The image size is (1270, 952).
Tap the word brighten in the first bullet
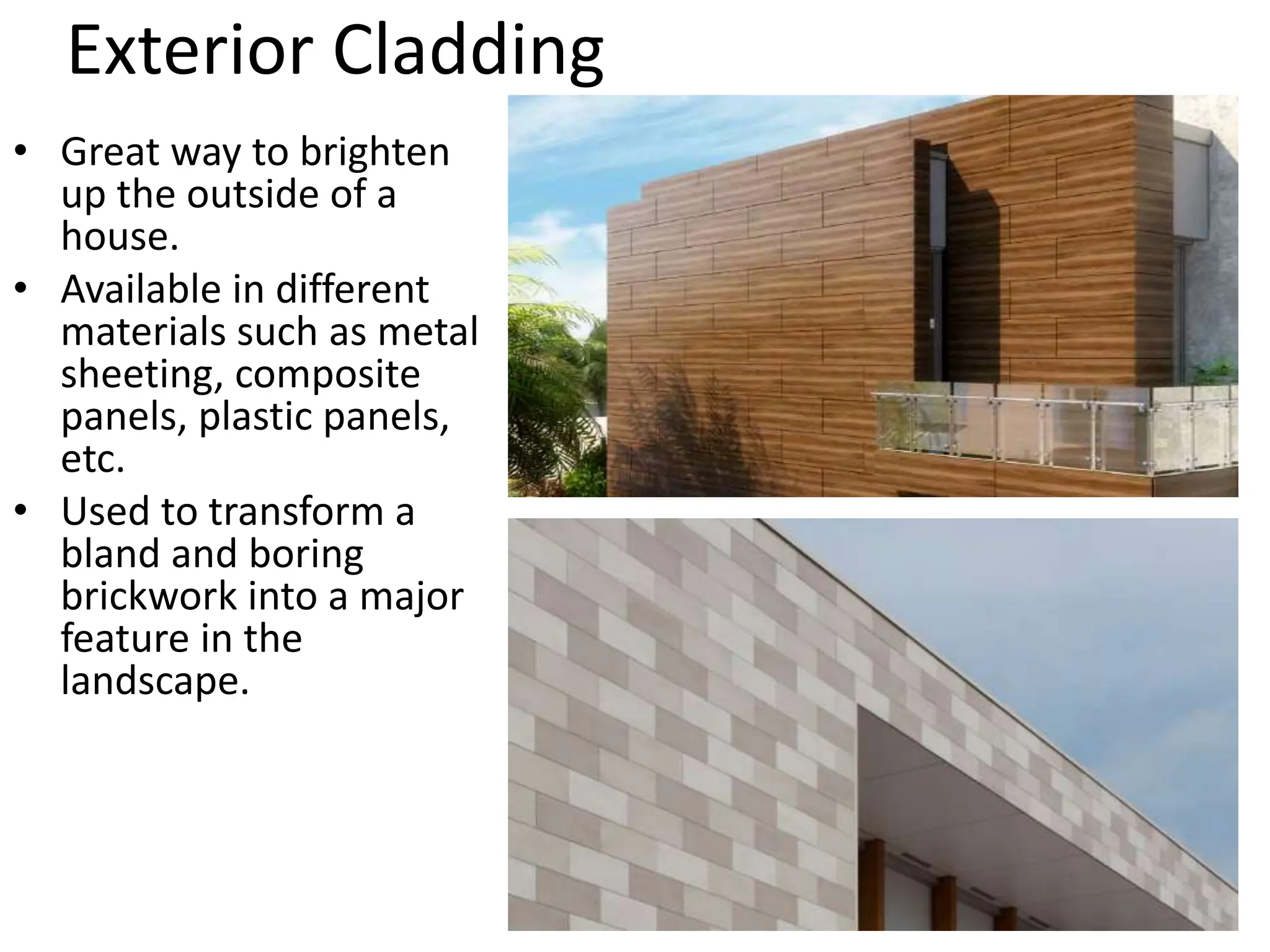coord(375,152)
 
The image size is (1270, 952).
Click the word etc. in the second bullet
coord(92,459)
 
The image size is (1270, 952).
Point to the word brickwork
coord(149,596)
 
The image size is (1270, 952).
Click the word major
coord(411,597)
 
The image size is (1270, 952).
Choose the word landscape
coord(154,681)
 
